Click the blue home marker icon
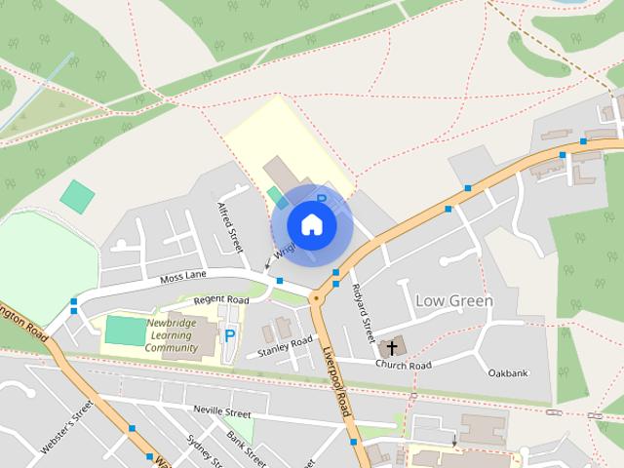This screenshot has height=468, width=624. tap(311, 225)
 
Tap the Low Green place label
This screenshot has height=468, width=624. tap(454, 301)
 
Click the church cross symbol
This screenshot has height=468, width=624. tap(392, 347)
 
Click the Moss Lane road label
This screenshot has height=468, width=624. tap(184, 280)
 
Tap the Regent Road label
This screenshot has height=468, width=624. tap(222, 299)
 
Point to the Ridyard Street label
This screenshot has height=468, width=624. tap(362, 311)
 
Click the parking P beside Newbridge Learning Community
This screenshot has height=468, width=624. tap(230, 335)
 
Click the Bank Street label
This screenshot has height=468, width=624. tap(246, 448)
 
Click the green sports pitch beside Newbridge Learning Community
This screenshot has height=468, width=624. tap(123, 330)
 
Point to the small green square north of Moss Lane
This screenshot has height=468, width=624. tap(77, 196)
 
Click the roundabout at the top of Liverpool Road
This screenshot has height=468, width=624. tap(317, 296)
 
